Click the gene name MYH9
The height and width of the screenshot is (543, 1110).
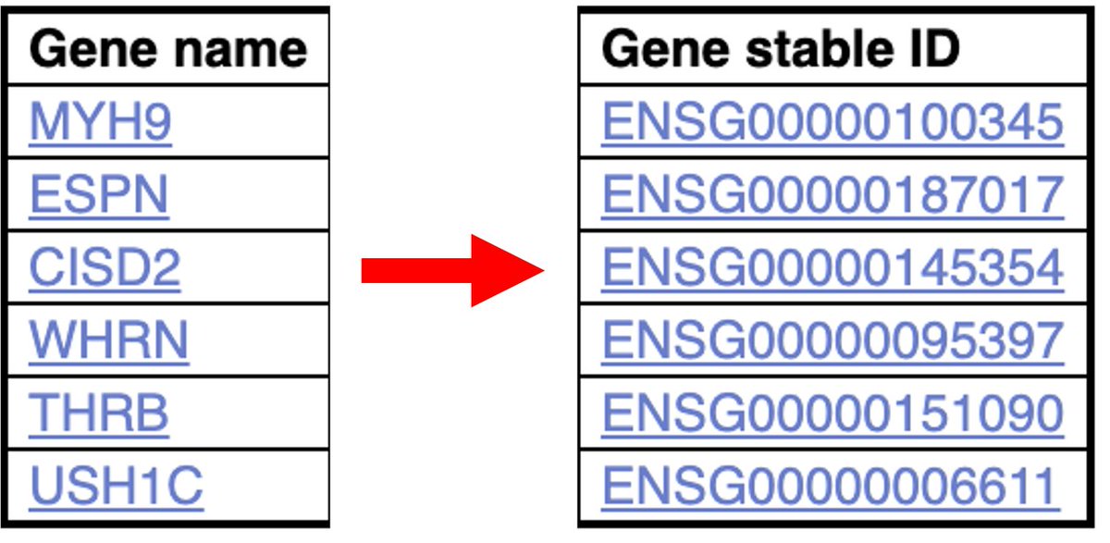[x=100, y=122]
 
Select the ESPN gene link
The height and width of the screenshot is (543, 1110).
[x=99, y=195]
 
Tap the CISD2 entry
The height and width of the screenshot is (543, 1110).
[x=105, y=267]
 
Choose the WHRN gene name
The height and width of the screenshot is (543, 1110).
[x=108, y=340]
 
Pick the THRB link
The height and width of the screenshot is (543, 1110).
[x=99, y=413]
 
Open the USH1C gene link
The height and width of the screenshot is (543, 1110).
[x=116, y=486]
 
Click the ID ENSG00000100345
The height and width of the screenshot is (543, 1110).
[x=832, y=122]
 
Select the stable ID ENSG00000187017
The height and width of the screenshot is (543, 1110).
[x=832, y=195]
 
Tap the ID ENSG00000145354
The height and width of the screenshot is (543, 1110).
[x=832, y=267]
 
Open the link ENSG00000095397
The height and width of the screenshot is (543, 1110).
[x=832, y=340]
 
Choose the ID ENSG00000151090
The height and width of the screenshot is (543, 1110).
[x=832, y=413]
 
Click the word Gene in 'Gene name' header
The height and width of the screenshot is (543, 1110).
[x=80, y=49]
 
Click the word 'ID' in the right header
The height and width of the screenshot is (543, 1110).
[x=931, y=49]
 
